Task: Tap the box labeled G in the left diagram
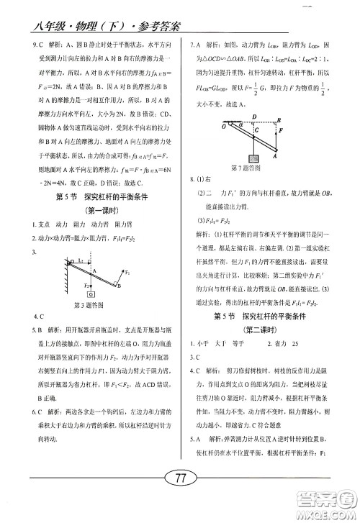(92, 294)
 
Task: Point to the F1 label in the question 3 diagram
(127, 274)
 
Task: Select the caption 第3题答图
(90, 305)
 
